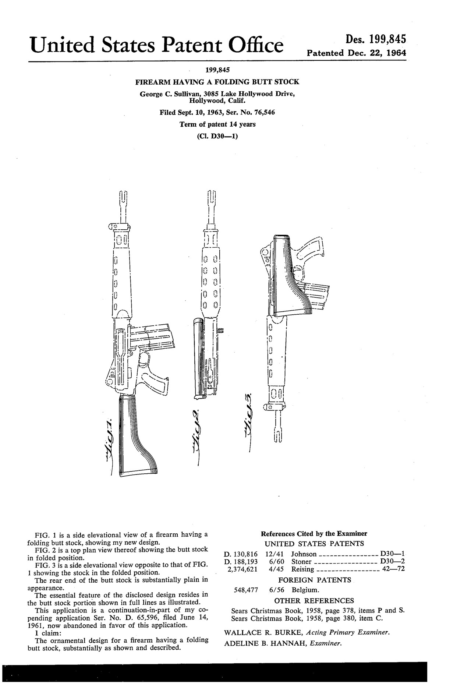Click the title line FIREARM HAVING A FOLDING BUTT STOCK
coord(217,82)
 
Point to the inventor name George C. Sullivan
coord(171,94)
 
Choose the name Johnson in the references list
coord(304,554)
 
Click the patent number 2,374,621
coord(242,569)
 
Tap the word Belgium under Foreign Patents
coord(305,590)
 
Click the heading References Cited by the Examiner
coord(314,534)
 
